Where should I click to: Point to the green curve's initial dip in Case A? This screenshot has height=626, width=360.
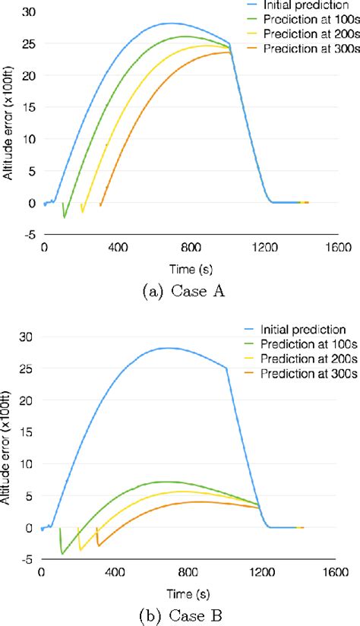click(x=65, y=217)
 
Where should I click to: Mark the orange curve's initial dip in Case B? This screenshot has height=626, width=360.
click(x=98, y=545)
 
